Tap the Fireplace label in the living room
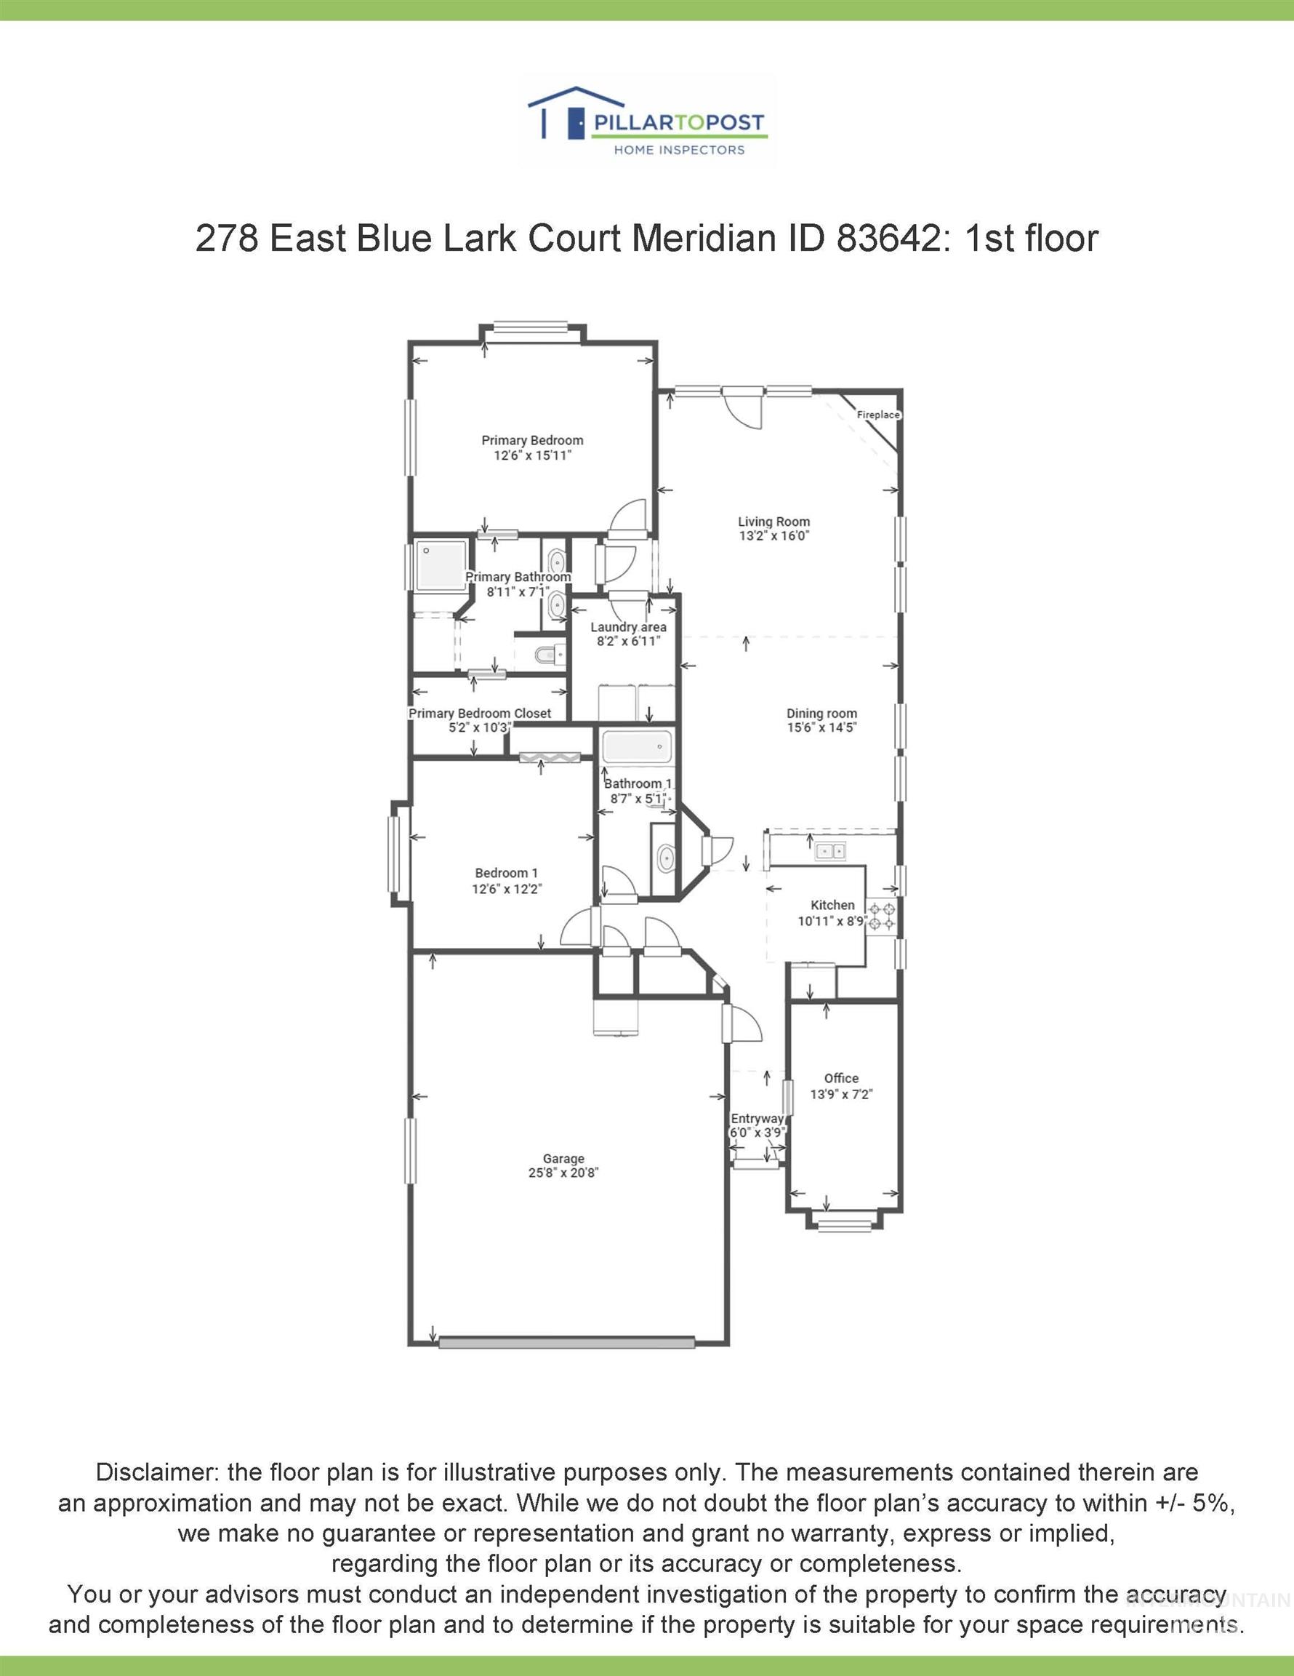(x=877, y=415)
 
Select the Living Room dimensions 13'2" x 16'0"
(x=773, y=536)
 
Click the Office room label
(x=840, y=1078)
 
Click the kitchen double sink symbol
(x=830, y=850)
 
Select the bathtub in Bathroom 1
(x=637, y=746)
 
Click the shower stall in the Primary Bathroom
(x=441, y=564)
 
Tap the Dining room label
(x=821, y=713)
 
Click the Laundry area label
(x=627, y=627)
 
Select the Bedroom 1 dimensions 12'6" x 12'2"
(x=506, y=890)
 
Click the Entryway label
(x=756, y=1119)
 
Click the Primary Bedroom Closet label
(x=479, y=713)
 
